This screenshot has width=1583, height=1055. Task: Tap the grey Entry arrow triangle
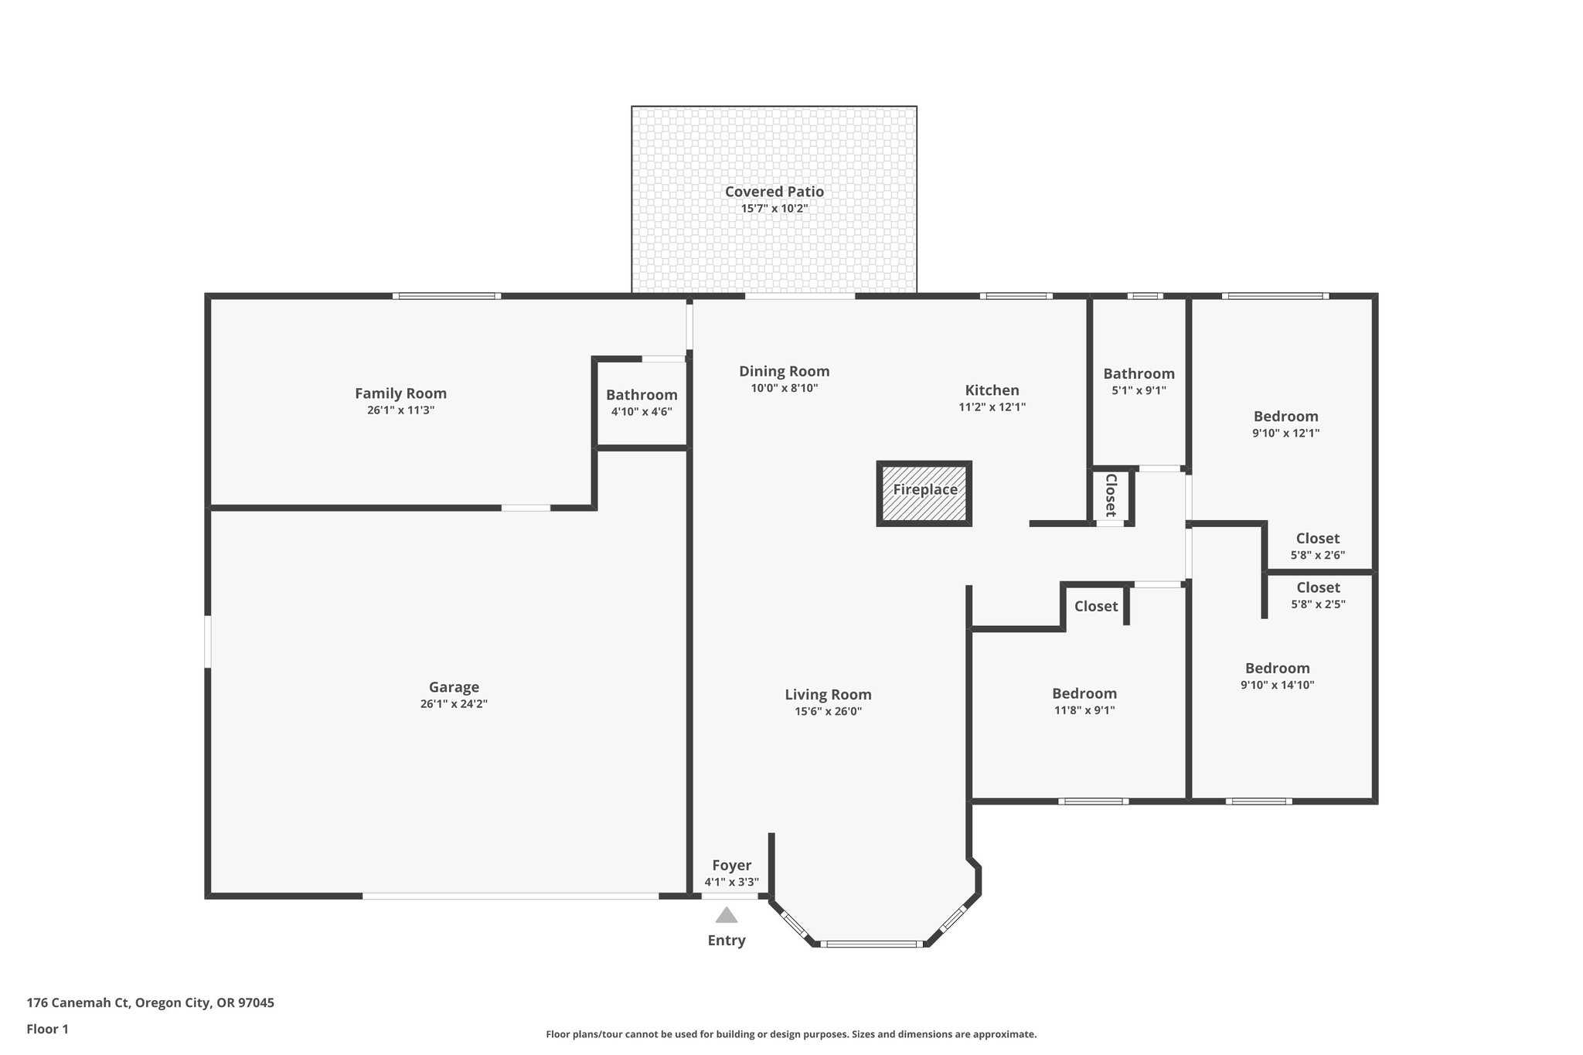tap(726, 915)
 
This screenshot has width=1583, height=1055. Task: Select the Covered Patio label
tap(774, 192)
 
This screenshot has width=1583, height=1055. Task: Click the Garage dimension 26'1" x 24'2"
tap(454, 704)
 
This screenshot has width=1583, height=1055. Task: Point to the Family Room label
tap(400, 393)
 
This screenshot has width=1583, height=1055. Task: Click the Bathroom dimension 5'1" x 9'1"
tap(1139, 390)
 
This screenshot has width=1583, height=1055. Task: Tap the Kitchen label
tap(992, 390)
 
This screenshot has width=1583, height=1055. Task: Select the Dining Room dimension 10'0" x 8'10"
tap(784, 388)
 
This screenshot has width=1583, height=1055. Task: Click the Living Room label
tap(828, 695)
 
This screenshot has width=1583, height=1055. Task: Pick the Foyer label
tap(731, 866)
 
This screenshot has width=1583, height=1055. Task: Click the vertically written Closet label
tap(1111, 495)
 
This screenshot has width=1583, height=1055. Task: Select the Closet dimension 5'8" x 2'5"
tap(1318, 604)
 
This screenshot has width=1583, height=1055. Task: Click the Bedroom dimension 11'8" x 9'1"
tap(1084, 710)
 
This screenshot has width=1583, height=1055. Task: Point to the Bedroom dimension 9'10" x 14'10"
tap(1277, 685)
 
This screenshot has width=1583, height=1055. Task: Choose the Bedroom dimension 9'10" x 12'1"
tap(1285, 434)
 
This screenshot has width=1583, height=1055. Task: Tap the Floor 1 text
tap(48, 1029)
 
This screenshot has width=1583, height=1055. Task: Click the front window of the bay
tap(871, 944)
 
